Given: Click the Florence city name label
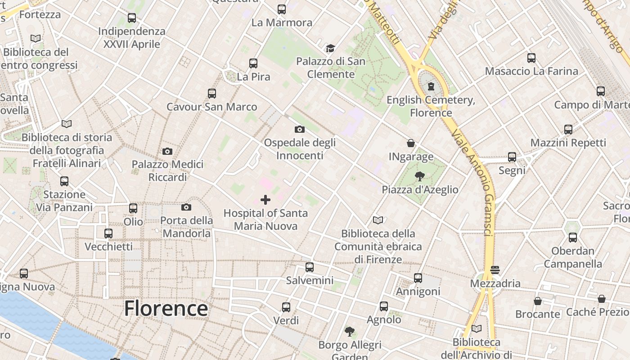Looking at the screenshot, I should pyautogui.click(x=166, y=309).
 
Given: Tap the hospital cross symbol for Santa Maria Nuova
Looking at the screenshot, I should pyautogui.click(x=265, y=199).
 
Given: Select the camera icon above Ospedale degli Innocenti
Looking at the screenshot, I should pyautogui.click(x=299, y=130).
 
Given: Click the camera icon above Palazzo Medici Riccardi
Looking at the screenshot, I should pyautogui.click(x=167, y=151).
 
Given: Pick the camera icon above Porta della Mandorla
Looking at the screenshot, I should pyautogui.click(x=186, y=207).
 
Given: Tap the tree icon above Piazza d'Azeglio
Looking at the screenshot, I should pyautogui.click(x=420, y=176).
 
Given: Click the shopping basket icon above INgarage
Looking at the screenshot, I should pyautogui.click(x=411, y=144).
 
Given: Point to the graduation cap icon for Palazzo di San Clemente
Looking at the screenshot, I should pyautogui.click(x=331, y=48).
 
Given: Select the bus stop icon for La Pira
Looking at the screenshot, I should pyautogui.click(x=253, y=63).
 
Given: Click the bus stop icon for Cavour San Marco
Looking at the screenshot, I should pyautogui.click(x=212, y=94).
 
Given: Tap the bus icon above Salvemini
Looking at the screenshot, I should pyautogui.click(x=310, y=267).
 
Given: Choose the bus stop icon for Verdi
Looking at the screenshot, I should pyautogui.click(x=286, y=307).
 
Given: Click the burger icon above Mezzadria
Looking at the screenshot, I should pyautogui.click(x=495, y=270).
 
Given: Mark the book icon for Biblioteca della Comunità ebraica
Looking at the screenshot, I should pyautogui.click(x=378, y=220).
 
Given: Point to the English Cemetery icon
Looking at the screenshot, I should pyautogui.click(x=431, y=86).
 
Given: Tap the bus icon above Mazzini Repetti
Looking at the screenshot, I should pyautogui.click(x=568, y=130).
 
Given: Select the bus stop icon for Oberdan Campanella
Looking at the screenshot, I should pyautogui.click(x=573, y=238).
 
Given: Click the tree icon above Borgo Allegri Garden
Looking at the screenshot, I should pyautogui.click(x=350, y=332).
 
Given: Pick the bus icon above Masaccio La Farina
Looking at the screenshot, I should pyautogui.click(x=531, y=58).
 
